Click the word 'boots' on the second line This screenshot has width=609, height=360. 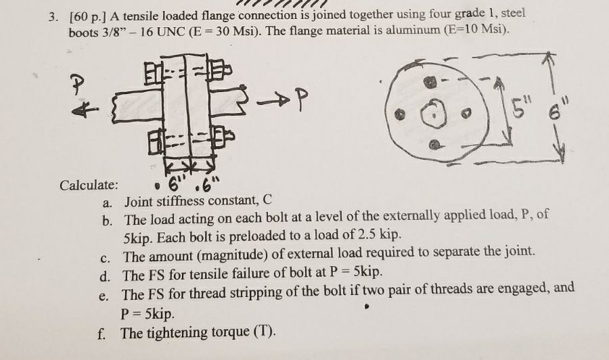tap(84, 32)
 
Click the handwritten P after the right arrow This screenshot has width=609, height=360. tap(302, 100)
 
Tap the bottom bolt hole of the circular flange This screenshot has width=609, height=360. tap(436, 143)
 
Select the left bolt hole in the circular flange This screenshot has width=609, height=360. tap(400, 112)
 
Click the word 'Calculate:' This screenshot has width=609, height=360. tap(89, 185)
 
